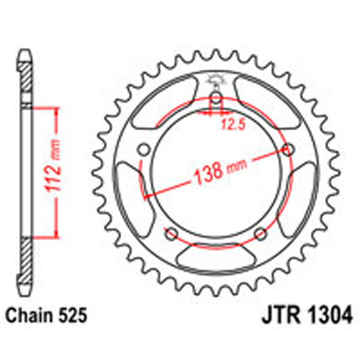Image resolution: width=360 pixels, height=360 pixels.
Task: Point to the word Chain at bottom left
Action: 28,316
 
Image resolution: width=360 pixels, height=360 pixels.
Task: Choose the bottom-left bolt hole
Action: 171,233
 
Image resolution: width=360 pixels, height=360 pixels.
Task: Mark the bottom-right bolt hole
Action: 260,233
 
